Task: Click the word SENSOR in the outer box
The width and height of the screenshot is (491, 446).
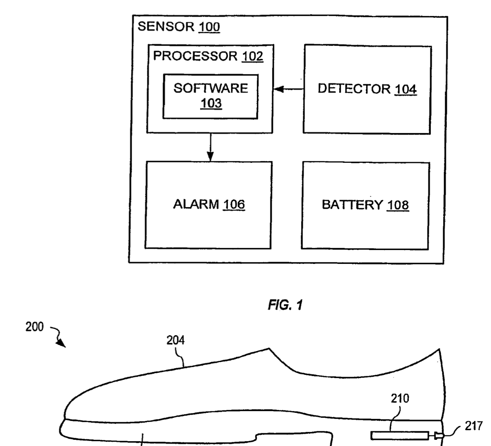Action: click(166, 27)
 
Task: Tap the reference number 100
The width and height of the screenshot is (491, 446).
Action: click(209, 27)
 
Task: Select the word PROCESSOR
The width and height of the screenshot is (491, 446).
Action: click(195, 56)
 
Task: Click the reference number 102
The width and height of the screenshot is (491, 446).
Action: click(252, 56)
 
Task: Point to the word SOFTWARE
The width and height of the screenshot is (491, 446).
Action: click(211, 88)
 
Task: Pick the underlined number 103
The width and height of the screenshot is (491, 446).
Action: click(211, 103)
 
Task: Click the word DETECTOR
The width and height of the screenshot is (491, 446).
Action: click(354, 89)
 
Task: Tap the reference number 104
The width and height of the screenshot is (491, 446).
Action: click(405, 89)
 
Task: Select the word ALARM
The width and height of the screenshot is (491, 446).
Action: click(196, 204)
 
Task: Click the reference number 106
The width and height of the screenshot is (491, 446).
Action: click(234, 204)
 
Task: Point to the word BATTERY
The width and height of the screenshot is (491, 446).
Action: click(352, 205)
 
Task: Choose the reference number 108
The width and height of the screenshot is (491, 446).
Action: click(398, 205)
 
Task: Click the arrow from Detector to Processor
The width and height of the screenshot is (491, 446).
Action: click(288, 89)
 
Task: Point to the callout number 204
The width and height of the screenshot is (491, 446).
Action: click(175, 340)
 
